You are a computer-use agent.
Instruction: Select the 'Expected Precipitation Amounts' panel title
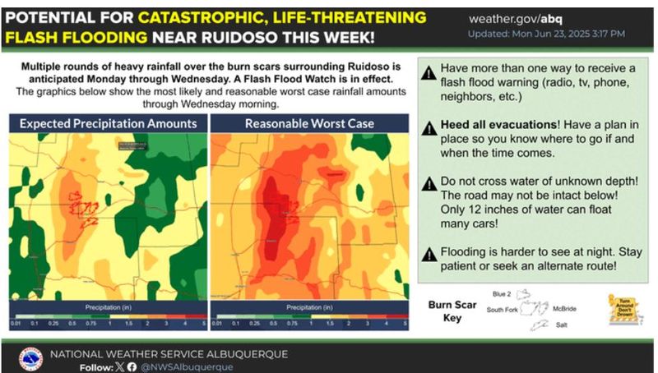click(x=108, y=124)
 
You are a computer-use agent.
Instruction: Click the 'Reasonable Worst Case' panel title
click(x=309, y=124)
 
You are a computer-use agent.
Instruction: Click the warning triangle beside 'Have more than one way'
click(x=428, y=73)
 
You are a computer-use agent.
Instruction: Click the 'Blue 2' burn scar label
click(x=502, y=293)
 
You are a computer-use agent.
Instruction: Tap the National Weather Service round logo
click(x=31, y=359)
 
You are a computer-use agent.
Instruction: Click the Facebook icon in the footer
click(x=132, y=366)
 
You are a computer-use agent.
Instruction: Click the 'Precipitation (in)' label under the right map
click(x=309, y=307)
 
